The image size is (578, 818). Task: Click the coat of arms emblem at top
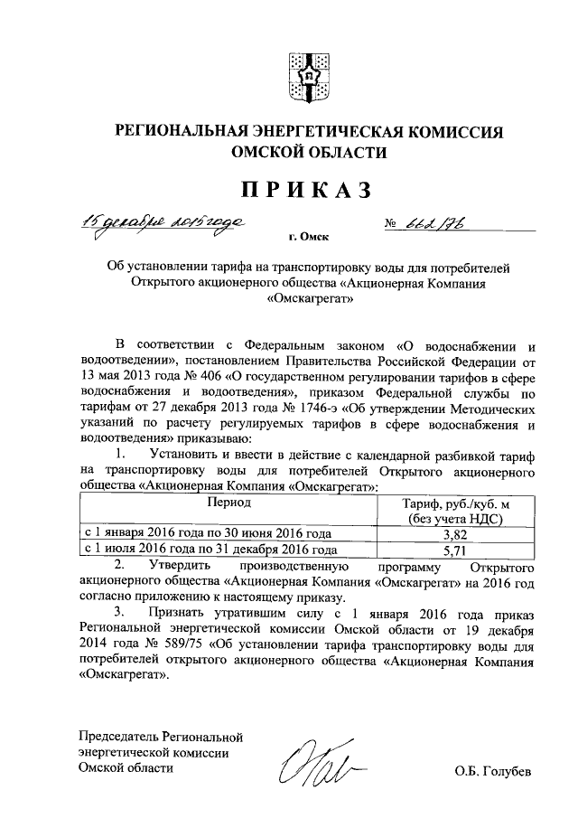(306, 78)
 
